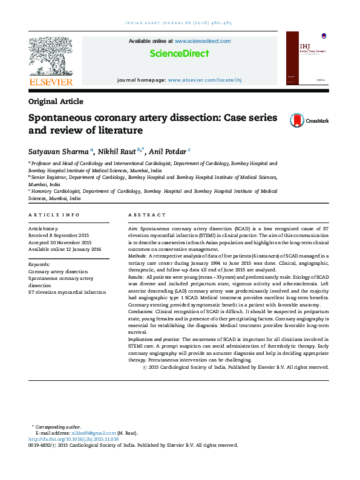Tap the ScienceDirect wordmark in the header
tap(179, 54)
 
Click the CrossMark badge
tap(309, 120)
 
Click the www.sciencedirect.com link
tap(203, 41)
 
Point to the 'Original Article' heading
tap(56, 102)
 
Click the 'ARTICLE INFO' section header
tap(54, 215)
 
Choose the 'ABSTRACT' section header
tap(146, 215)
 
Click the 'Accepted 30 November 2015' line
tap(60, 242)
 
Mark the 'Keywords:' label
tap(39, 264)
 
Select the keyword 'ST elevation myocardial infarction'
tap(67, 292)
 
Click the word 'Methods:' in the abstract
tap(139, 256)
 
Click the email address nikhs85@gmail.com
tap(93, 433)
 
